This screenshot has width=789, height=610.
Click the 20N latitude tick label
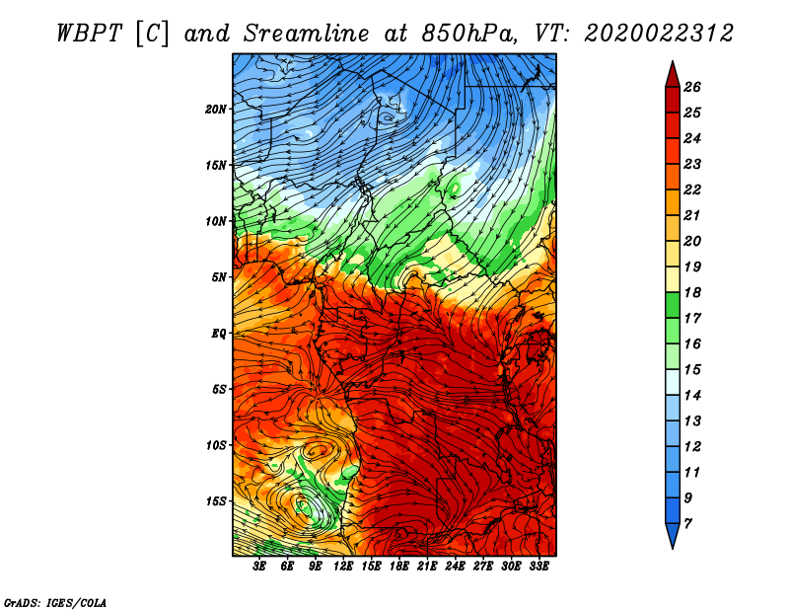pyautogui.click(x=216, y=110)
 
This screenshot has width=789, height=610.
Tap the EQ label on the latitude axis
pyautogui.click(x=219, y=334)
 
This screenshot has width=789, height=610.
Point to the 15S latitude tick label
pyautogui.click(x=216, y=501)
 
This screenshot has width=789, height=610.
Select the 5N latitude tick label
pyautogui.click(x=219, y=277)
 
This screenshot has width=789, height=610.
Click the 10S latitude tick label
pyautogui.click(x=216, y=445)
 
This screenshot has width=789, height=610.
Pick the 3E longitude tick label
pyautogui.click(x=259, y=567)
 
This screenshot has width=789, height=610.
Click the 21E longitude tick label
pyautogui.click(x=427, y=567)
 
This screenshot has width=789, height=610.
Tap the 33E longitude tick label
pyautogui.click(x=538, y=567)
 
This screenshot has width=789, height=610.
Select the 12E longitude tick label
pyautogui.click(x=342, y=567)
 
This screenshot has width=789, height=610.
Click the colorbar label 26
pyautogui.click(x=692, y=87)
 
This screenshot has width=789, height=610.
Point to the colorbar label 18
pyautogui.click(x=692, y=292)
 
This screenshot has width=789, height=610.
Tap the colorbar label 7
pyautogui.click(x=687, y=524)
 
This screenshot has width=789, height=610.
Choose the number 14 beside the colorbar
pyautogui.click(x=692, y=396)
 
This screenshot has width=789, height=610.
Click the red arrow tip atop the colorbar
pyautogui.click(x=673, y=61)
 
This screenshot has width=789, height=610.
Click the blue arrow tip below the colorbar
pyautogui.click(x=673, y=548)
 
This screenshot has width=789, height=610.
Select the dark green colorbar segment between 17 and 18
pyautogui.click(x=673, y=305)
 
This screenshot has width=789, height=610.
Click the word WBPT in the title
pyautogui.click(x=89, y=34)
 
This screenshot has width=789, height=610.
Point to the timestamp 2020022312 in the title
pyautogui.click(x=658, y=34)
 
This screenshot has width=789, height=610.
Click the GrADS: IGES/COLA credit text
pyautogui.click(x=55, y=603)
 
